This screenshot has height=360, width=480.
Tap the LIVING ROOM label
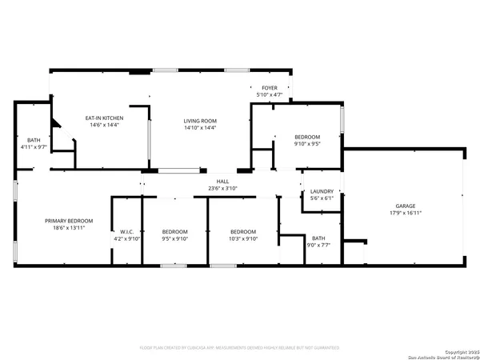point(200,121)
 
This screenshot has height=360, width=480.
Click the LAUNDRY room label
point(322,192)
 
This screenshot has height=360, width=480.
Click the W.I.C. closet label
point(126,231)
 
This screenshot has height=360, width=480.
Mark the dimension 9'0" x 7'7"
point(318,245)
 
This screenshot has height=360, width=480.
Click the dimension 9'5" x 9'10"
point(174,238)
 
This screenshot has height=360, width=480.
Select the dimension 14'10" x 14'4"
point(200,128)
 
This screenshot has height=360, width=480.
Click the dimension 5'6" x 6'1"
point(322,199)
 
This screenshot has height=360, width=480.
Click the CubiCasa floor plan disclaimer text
point(239,348)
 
